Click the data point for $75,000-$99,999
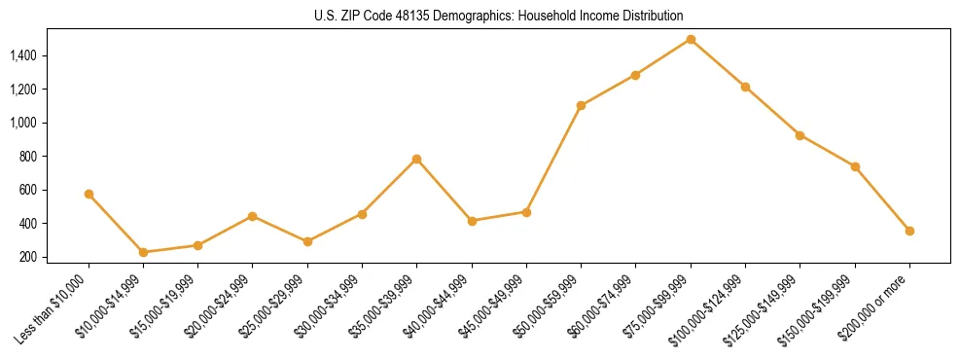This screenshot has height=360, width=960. point(691,39)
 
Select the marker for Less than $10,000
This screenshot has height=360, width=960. point(89,194)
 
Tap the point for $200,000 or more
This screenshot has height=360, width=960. point(909,231)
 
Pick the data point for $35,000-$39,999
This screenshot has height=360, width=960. point(417,159)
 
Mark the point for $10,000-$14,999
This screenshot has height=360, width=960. point(144,252)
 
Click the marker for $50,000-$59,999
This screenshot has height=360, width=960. point(581,105)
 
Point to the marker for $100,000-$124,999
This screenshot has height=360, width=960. point(745,87)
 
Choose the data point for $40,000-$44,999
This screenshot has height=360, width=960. point(472,221)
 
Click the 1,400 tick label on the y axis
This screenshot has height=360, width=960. point(23,55)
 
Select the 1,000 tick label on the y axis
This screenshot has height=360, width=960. point(23,123)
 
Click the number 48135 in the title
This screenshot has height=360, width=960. point(399,17)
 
